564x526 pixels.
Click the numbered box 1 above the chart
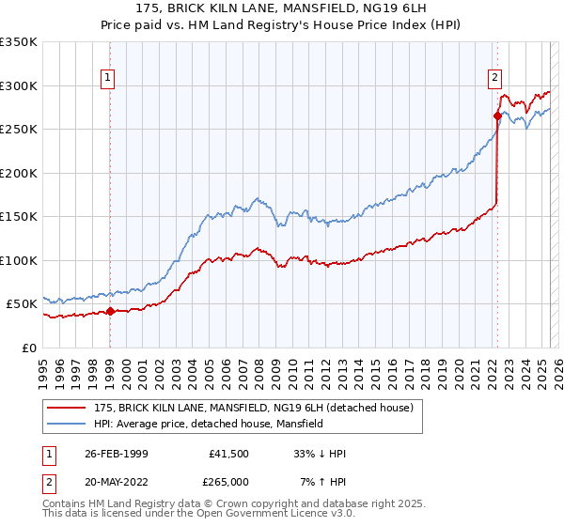coord(109,79)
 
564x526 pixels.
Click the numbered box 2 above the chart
coord(494,79)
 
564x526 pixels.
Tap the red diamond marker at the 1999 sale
coord(110,311)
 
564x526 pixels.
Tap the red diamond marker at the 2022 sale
coord(497,116)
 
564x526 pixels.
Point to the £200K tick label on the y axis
coord(19,173)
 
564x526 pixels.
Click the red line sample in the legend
coord(68,408)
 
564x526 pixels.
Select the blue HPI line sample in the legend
coord(68,424)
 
